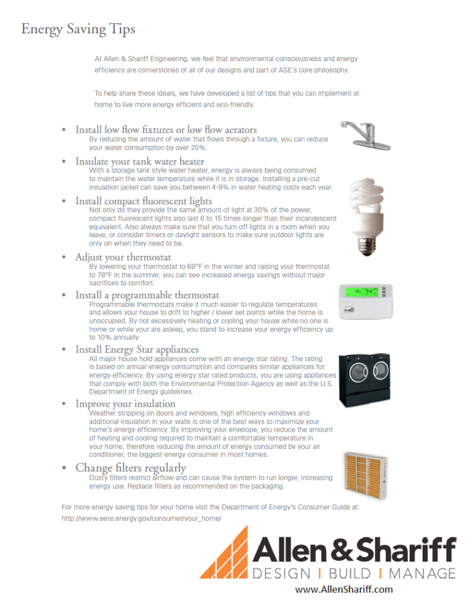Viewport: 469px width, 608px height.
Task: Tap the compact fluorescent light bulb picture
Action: (366, 216)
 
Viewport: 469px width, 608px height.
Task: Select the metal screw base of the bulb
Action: (366, 246)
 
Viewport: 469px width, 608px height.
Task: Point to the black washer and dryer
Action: (365, 379)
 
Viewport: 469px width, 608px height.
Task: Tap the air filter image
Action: (365, 476)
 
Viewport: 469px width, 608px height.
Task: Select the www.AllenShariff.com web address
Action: (344, 590)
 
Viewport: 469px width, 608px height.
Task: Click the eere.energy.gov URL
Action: (141, 518)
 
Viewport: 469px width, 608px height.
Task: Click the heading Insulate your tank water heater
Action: (140, 161)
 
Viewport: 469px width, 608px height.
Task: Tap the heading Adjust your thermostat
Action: (123, 257)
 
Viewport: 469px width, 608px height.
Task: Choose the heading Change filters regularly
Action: (131, 468)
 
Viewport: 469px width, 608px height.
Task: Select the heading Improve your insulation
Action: (125, 404)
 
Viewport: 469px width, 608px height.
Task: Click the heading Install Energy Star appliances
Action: (137, 349)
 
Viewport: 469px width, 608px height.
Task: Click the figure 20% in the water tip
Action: (198, 148)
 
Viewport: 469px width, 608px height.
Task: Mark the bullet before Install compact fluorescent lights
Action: (64, 201)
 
